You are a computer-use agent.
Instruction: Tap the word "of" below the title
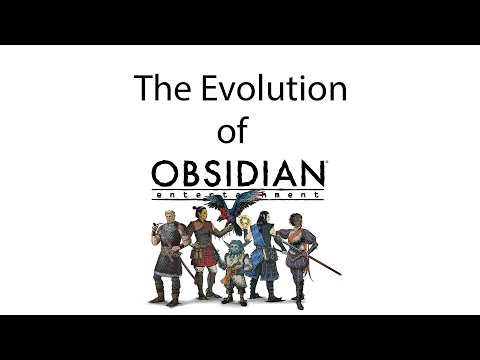tap(231, 131)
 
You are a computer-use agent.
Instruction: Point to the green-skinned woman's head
tap(198, 214)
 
